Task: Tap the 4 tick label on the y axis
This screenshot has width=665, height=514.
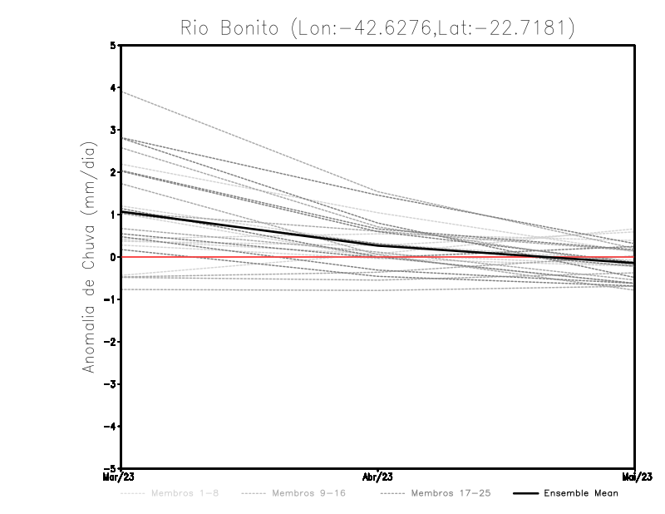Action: click(113, 87)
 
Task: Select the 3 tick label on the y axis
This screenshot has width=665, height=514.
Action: click(113, 130)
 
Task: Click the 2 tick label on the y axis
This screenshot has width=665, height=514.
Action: click(113, 172)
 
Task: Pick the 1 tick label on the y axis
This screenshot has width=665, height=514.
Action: click(113, 215)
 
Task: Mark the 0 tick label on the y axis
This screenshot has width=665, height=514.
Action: click(113, 257)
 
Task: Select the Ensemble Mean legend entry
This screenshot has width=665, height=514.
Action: click(581, 493)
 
